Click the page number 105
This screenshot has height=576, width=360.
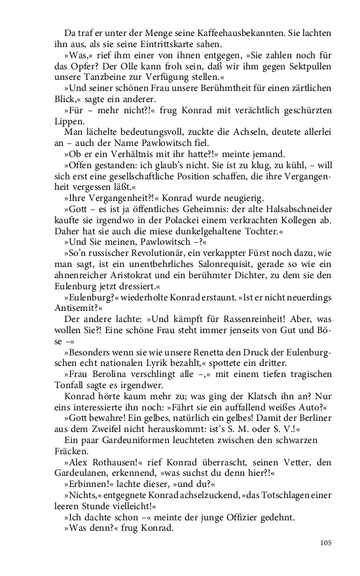pyautogui.click(x=326, y=543)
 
